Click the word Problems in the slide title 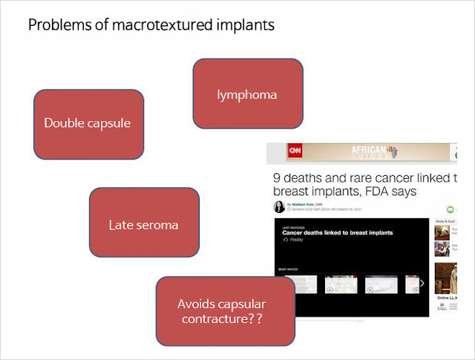54,25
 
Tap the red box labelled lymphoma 247,94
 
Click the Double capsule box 88,123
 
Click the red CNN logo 295,151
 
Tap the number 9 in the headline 278,178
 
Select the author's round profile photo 278,207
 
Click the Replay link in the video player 296,240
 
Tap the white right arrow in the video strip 422,284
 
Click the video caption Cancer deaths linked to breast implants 337,233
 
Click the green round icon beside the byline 450,211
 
